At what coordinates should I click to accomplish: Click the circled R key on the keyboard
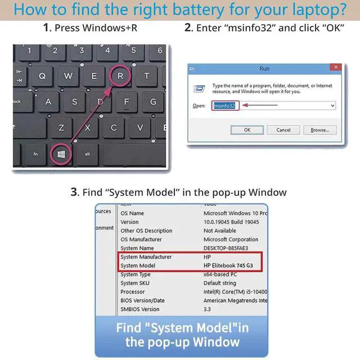(x=120, y=75)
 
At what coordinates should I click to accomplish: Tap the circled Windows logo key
(x=61, y=153)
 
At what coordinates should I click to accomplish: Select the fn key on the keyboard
(x=35, y=154)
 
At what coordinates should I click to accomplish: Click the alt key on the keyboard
(x=88, y=154)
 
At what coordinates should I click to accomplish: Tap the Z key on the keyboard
(x=61, y=127)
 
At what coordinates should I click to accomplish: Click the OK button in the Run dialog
(x=247, y=130)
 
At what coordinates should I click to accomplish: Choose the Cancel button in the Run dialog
(x=283, y=130)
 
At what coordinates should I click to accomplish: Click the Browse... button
(x=319, y=130)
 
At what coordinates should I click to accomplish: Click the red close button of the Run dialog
(x=334, y=68)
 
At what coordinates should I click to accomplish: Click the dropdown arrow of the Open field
(x=332, y=105)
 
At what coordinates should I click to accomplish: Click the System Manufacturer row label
(x=146, y=256)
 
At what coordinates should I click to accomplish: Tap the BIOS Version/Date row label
(x=142, y=300)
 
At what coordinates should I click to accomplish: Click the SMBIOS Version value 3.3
(x=207, y=309)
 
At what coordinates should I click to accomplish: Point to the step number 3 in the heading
(x=74, y=192)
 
